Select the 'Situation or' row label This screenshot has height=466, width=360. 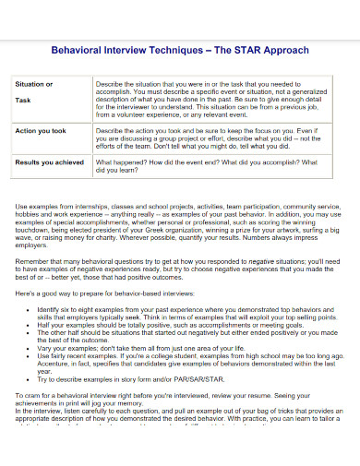click(35, 84)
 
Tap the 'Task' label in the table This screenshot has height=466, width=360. click(24, 100)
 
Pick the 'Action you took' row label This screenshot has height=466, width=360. click(41, 130)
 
